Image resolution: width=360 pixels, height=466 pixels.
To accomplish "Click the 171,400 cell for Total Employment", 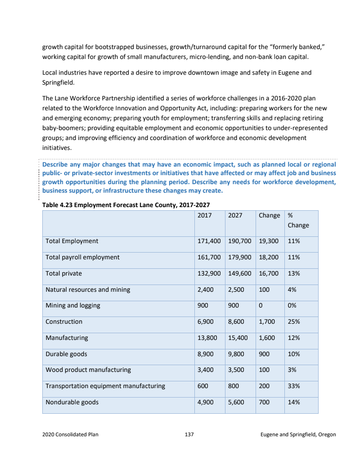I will pyautogui.click(x=209, y=241).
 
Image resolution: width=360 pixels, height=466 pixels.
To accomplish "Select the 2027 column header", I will pyautogui.click(x=235, y=215).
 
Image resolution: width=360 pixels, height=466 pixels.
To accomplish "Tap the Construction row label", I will pyautogui.click(x=64, y=321).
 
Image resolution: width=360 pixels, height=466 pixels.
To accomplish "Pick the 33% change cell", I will pyautogui.click(x=294, y=386).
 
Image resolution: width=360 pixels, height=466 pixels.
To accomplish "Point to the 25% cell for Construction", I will pyautogui.click(x=294, y=321).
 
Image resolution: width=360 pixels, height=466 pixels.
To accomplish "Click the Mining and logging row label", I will pyautogui.click(x=73, y=305).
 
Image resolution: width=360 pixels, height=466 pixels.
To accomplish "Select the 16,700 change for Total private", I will pyautogui.click(x=269, y=273).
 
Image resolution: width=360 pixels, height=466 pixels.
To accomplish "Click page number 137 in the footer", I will pyautogui.click(x=189, y=434).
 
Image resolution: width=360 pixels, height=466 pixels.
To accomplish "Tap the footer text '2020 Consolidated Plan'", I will pyautogui.click(x=70, y=434).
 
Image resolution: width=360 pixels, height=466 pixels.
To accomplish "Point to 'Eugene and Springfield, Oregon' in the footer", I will pyautogui.click(x=298, y=434).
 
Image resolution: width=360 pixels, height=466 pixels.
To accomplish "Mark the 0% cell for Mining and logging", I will pyautogui.click(x=292, y=305).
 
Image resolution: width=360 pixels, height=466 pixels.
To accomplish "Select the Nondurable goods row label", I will pyautogui.click(x=72, y=402).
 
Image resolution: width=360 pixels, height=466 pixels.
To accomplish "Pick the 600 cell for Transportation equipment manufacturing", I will pyautogui.click(x=203, y=386).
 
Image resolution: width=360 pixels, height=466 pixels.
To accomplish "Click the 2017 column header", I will pyautogui.click(x=205, y=215).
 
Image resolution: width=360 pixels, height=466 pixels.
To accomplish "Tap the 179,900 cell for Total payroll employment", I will pyautogui.click(x=239, y=257).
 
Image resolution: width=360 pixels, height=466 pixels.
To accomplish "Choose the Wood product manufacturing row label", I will pyautogui.click(x=88, y=370).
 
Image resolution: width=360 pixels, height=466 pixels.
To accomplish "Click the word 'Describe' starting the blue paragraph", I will pyautogui.click(x=56, y=164).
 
